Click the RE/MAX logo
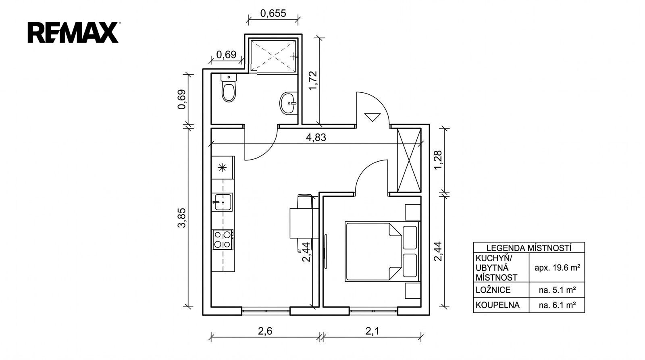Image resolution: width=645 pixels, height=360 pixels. tap(73, 32)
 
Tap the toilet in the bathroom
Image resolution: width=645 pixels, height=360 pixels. tap(229, 87)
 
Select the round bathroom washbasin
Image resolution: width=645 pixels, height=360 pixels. tap(289, 103)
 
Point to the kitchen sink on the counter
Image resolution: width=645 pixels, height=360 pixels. tap(222, 202)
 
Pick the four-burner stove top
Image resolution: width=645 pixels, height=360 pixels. tap(223, 239)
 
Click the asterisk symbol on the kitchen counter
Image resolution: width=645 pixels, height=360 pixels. tap(222, 167)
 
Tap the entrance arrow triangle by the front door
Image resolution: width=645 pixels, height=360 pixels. tap(372, 117)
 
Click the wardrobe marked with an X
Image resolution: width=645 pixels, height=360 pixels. tap(409, 160)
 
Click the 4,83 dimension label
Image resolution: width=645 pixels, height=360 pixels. tap(316, 137)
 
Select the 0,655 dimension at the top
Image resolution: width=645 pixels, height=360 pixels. tap(273, 13)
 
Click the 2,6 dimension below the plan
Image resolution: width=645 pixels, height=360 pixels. tap(265, 331)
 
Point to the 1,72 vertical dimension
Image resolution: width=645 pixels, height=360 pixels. tap(313, 80)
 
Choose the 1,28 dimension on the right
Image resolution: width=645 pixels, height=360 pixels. tap(438, 160)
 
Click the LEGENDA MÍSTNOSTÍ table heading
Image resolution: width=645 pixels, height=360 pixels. tap(529, 248)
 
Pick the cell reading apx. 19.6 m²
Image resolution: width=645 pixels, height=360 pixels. tap(557, 268)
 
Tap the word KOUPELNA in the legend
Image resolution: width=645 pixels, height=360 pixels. tap(497, 305)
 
